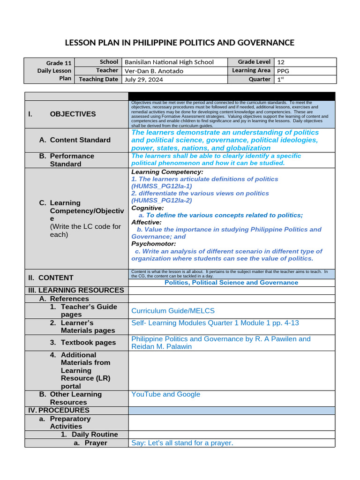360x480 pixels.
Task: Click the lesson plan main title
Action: pos(180,43)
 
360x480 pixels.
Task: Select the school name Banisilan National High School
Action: pos(169,62)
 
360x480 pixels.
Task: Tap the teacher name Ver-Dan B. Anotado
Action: pos(154,71)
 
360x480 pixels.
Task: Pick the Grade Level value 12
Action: pos(281,62)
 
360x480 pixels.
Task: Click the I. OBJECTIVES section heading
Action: pos(73,114)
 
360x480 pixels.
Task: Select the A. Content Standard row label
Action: pos(75,140)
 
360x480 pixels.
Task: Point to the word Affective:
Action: pos(146,222)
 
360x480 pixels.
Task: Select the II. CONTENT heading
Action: pos(56,277)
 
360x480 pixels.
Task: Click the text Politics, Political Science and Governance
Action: pos(231,283)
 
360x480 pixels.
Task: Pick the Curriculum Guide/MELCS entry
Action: pos(173,311)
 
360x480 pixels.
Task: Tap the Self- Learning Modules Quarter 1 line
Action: pos(215,323)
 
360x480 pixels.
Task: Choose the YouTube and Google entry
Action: pos(165,394)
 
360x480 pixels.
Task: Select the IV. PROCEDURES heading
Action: pos(59,410)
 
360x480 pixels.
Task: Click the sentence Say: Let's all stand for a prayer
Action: pos(182,443)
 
